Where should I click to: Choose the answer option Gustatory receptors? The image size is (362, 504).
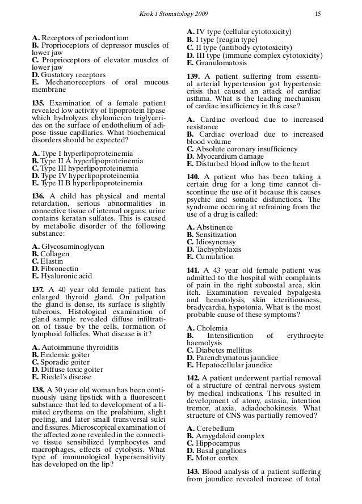(72, 74)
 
